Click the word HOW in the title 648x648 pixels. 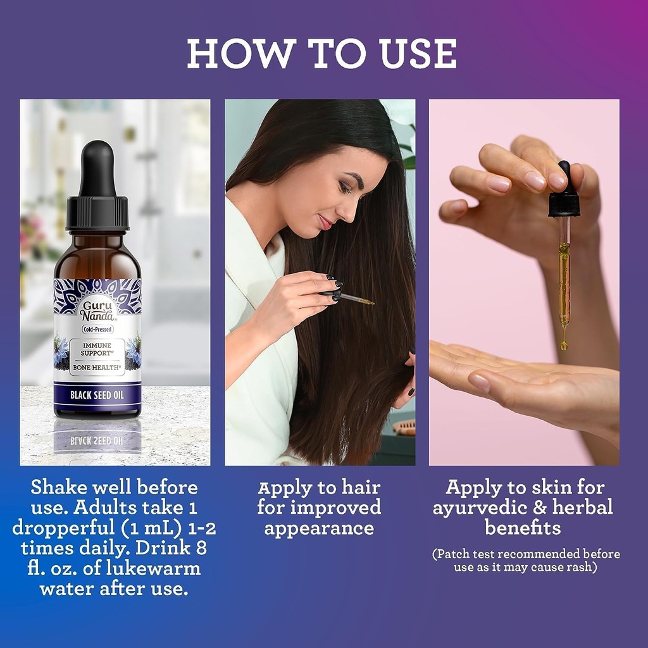242,53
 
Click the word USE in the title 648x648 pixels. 419,53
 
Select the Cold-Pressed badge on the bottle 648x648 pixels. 97,329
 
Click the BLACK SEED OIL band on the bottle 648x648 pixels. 97,395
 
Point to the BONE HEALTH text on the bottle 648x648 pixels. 97,367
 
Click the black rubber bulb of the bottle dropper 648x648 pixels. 97,167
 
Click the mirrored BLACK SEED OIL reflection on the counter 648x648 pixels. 97,440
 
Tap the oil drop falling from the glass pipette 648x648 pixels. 563,344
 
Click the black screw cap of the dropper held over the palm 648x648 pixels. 564,203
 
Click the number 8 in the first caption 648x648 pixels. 201,549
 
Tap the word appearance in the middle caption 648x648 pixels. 319,529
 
